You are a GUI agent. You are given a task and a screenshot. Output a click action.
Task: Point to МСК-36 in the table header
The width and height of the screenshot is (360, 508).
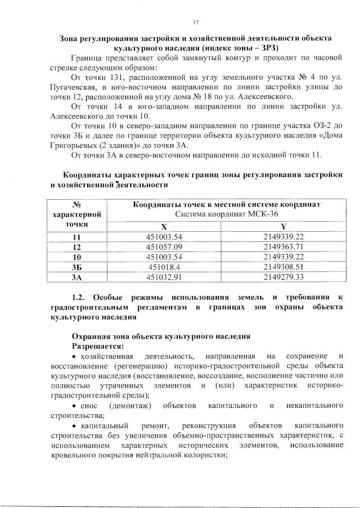point(259,214)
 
